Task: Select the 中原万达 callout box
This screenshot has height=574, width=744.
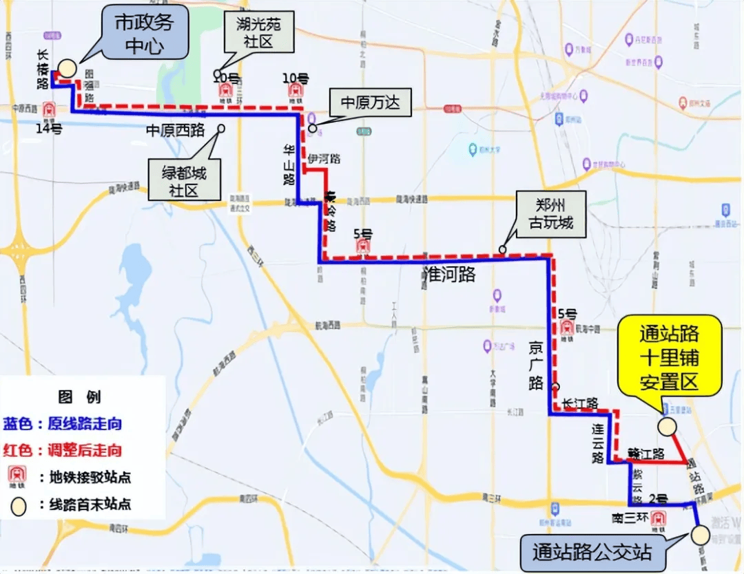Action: click(x=370, y=104)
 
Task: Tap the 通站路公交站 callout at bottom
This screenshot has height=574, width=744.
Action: click(x=590, y=552)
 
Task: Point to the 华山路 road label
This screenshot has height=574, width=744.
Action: click(x=288, y=164)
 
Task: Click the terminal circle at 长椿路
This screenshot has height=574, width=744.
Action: click(x=67, y=67)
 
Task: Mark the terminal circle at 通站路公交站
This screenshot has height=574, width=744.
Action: click(x=701, y=535)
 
